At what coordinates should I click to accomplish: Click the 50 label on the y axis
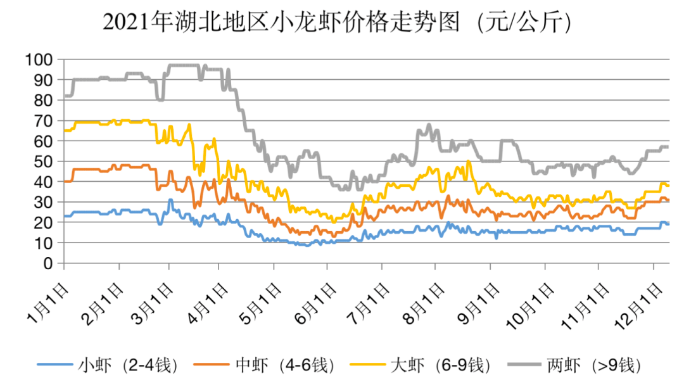[x=46, y=162]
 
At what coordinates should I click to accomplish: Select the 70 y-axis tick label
[x=46, y=120]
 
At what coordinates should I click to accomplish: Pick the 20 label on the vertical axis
[x=46, y=222]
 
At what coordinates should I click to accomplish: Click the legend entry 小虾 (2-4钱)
[x=127, y=365]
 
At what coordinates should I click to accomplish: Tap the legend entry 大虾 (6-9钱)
[x=440, y=365]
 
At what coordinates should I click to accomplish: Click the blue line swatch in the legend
[x=56, y=365]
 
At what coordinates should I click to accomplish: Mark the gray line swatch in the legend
[x=523, y=365]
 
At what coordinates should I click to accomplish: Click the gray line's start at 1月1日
[x=65, y=96]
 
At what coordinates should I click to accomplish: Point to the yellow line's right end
[x=669, y=186]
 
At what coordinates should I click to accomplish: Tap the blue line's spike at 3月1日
[x=170, y=200]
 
